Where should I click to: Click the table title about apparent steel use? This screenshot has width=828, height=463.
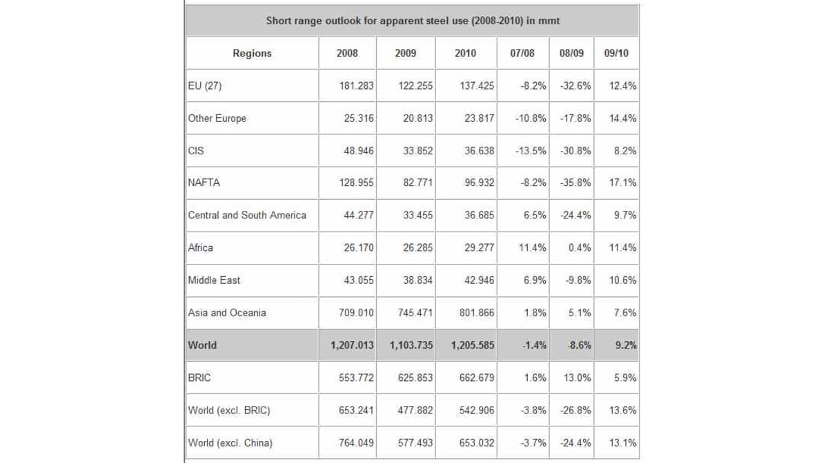pos(413,21)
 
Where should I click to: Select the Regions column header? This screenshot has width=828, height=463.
pos(252,53)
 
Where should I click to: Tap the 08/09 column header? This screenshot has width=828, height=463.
pos(571,53)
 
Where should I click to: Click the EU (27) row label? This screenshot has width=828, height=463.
pos(205,85)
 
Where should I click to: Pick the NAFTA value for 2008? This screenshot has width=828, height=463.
pos(356,183)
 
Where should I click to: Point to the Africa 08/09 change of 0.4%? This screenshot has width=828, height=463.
pos(580,247)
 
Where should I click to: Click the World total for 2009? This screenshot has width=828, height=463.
pos(411,345)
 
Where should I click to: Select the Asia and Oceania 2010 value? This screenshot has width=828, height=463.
pos(477,313)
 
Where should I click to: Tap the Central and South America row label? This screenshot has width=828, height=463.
pos(247,215)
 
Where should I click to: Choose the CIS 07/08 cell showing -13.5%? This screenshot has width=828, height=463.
pos(531,151)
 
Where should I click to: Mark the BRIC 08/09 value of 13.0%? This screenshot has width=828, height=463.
pos(578,378)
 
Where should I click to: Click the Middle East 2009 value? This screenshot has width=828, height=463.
pos(417,280)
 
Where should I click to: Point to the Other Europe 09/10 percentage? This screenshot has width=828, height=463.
pos(623,118)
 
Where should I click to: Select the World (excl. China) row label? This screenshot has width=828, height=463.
pos(230,443)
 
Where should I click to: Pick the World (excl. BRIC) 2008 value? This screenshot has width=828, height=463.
pos(356,410)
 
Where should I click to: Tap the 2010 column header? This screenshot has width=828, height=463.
pos(465,53)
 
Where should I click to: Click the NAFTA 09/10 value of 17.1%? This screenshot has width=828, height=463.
pos(623,183)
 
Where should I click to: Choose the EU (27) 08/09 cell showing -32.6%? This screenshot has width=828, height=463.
pos(575,85)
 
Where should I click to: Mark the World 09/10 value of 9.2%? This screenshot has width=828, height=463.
pos(626,345)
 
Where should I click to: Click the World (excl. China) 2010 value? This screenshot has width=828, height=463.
pos(477,443)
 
